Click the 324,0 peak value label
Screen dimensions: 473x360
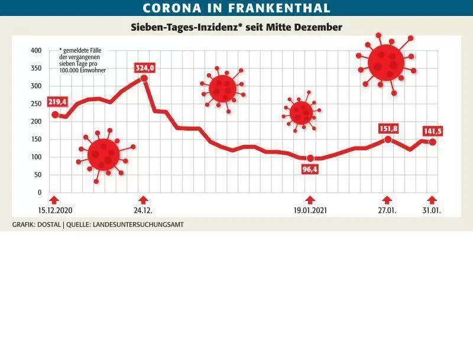tap(145, 68)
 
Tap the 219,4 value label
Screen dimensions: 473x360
tap(57, 102)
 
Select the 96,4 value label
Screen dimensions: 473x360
tap(310, 170)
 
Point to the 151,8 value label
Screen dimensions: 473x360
tap(388, 129)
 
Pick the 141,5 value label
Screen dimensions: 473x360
tap(433, 131)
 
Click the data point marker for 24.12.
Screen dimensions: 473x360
tap(144, 79)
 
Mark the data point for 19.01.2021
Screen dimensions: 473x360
tap(310, 158)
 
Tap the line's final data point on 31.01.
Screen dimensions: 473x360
tap(432, 142)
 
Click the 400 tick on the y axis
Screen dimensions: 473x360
tap(36, 50)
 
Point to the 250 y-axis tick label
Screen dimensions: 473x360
tap(36, 103)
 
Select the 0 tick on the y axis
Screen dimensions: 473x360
tap(40, 192)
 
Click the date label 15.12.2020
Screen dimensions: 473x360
tap(55, 210)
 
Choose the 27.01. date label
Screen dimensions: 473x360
tap(387, 210)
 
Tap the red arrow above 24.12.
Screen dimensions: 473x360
tap(144, 200)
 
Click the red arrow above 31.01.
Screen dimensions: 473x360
tap(432, 200)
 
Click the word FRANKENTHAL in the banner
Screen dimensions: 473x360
tap(279, 8)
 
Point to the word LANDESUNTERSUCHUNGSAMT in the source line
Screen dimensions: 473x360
tap(138, 225)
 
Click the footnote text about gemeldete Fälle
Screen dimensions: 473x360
tap(82, 60)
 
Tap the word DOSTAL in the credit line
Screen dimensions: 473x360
tap(49, 225)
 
